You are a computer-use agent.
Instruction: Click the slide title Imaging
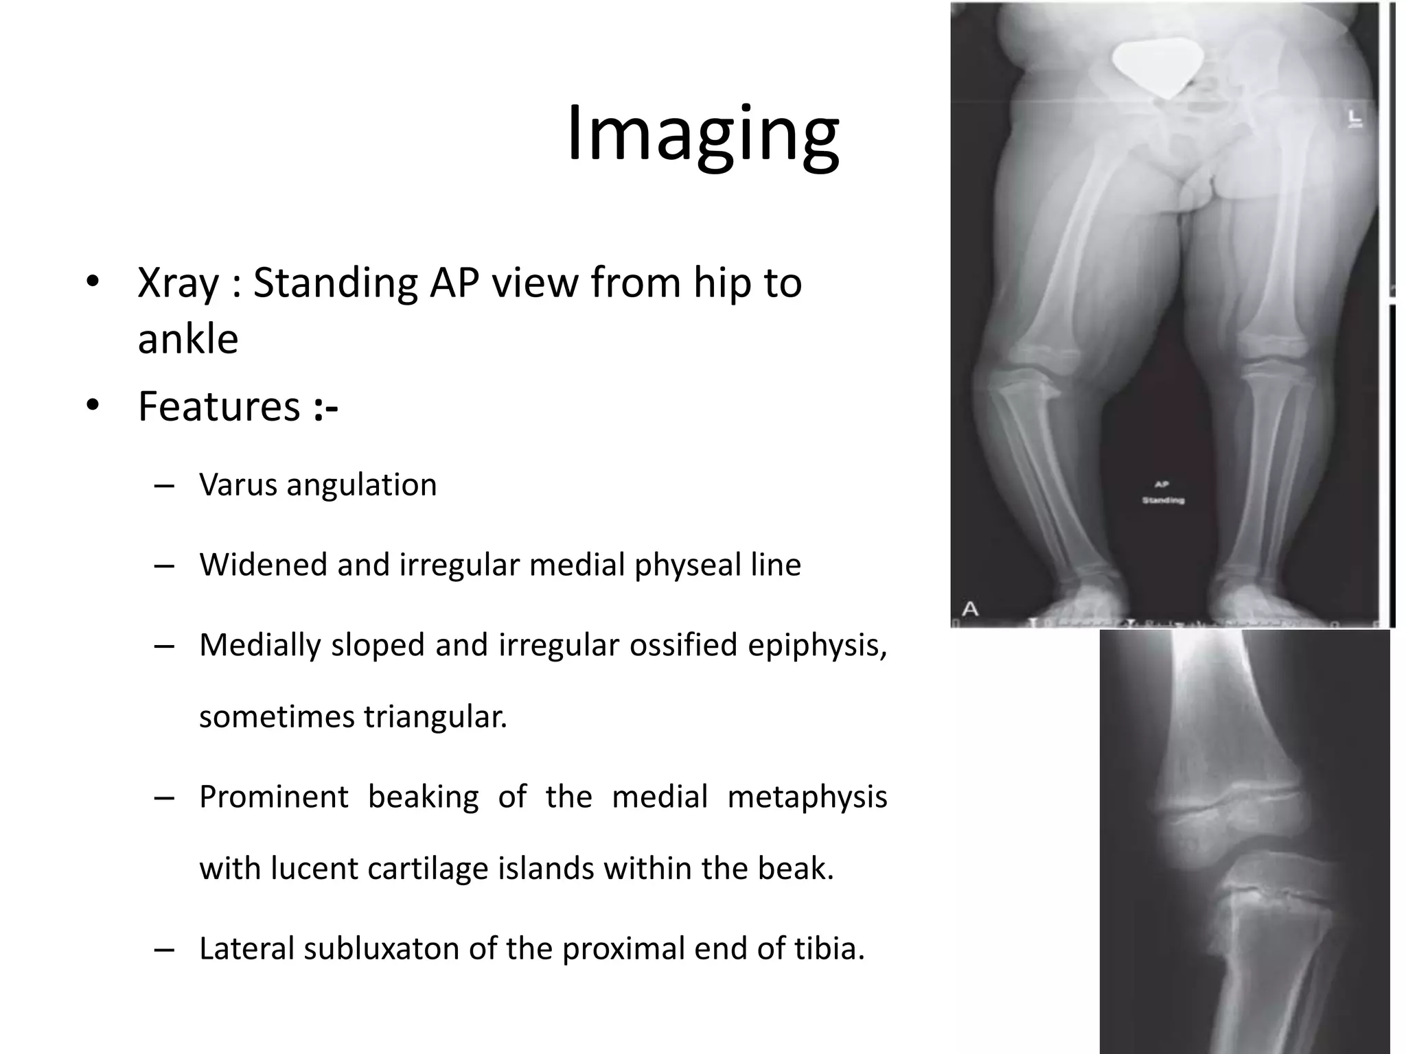[x=702, y=134]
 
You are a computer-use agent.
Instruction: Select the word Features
[x=219, y=406]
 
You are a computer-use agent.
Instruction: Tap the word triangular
[x=435, y=717]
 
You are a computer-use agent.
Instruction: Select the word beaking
[x=423, y=797]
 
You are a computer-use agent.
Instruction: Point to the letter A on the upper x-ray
[x=970, y=608]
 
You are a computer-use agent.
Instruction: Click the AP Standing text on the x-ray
[x=1163, y=493]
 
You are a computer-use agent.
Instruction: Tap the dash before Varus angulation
[x=165, y=486]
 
